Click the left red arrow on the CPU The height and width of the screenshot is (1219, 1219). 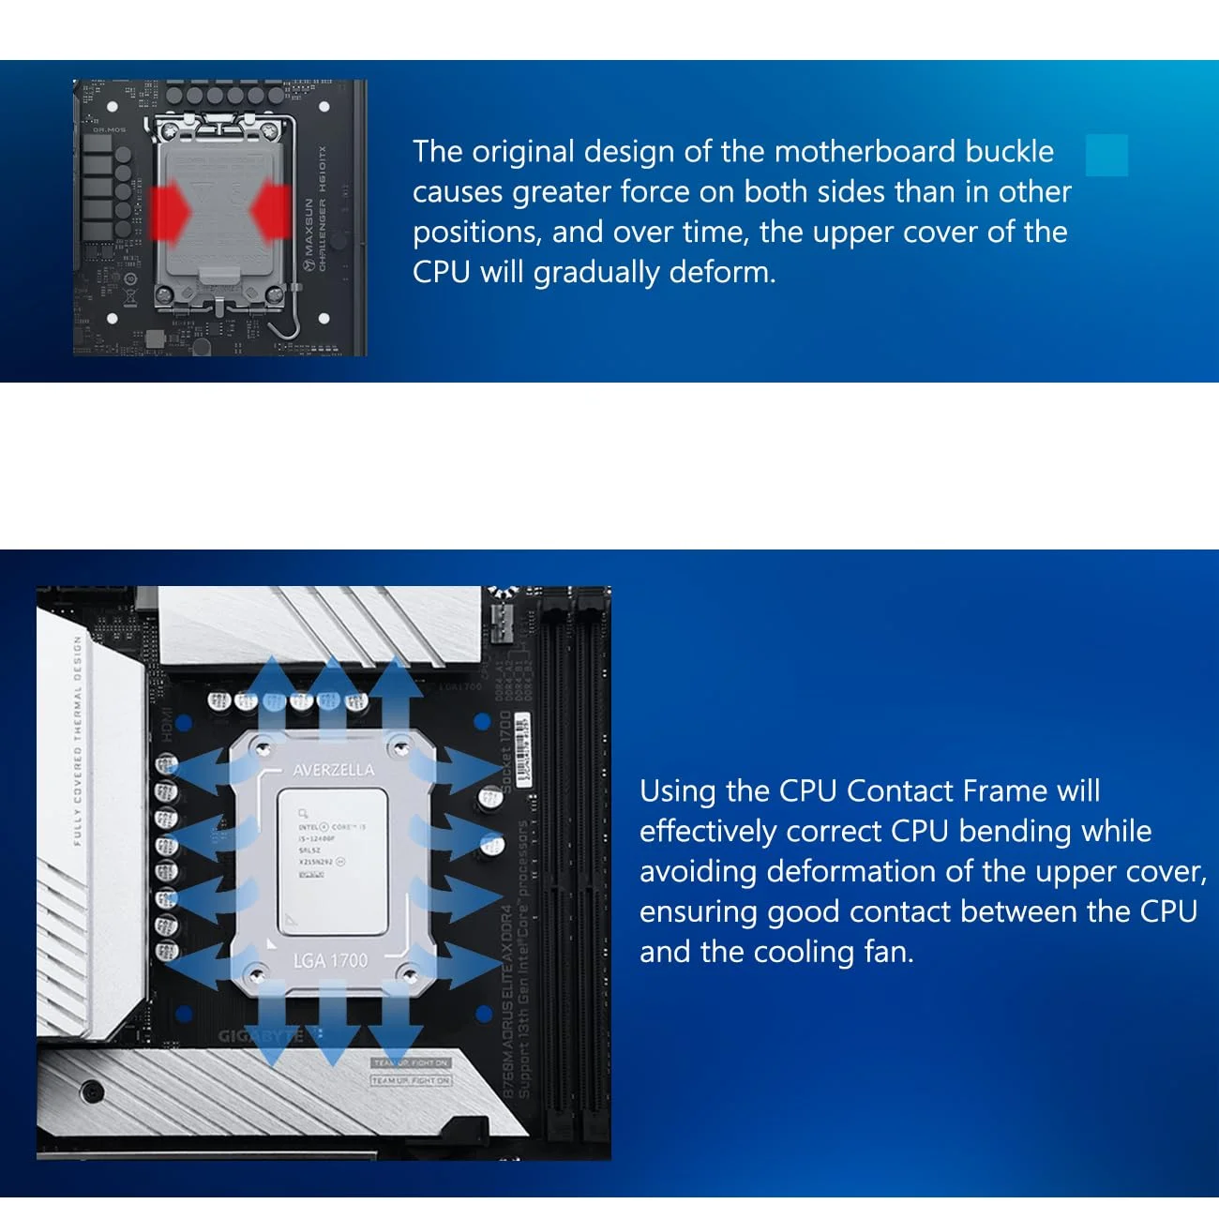click(170, 211)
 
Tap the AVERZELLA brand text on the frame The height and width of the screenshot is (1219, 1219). click(333, 770)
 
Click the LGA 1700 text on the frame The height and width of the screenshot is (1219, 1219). click(331, 960)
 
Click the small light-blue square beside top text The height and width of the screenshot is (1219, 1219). click(1106, 155)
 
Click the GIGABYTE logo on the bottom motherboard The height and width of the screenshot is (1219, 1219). click(263, 1036)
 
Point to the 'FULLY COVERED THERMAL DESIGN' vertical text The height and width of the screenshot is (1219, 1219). click(78, 741)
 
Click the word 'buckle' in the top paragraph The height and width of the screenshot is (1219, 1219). click(1010, 152)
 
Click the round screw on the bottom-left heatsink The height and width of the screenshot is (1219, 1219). click(92, 1091)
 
